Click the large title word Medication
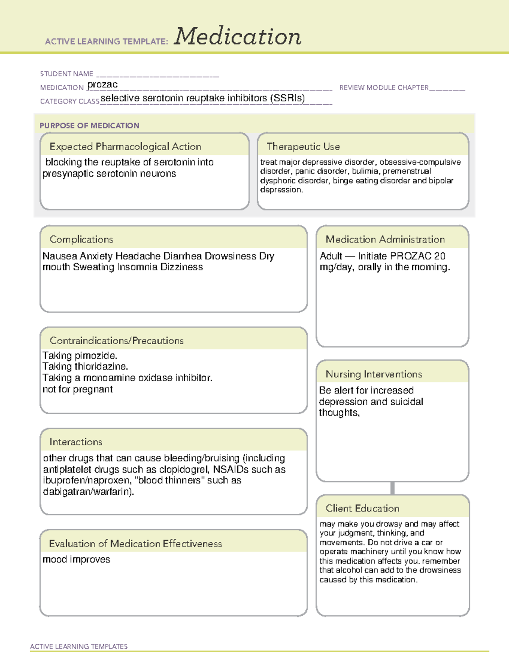(238, 36)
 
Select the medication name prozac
(102, 84)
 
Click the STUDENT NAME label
(67, 74)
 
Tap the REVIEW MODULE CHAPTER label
(384, 87)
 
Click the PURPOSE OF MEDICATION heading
(89, 126)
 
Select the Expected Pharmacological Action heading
(125, 146)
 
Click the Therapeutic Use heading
(303, 146)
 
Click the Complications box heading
(81, 239)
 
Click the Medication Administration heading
(385, 239)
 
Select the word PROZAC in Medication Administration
(410, 256)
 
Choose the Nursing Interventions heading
(374, 374)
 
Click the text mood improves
(76, 559)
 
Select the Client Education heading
(362, 508)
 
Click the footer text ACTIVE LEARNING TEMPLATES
(79, 646)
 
